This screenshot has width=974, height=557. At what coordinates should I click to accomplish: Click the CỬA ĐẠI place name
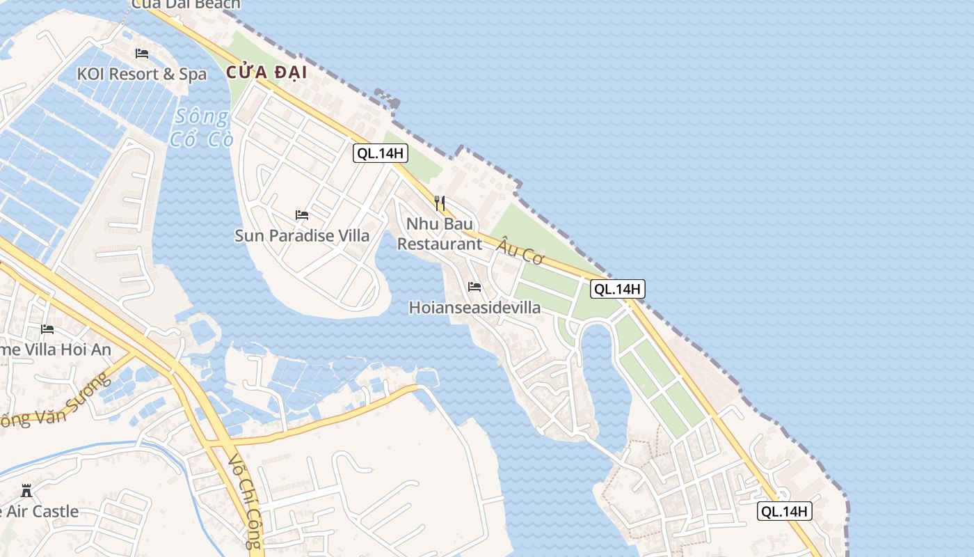point(266,72)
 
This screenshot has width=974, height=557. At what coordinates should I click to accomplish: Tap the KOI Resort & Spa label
point(142,74)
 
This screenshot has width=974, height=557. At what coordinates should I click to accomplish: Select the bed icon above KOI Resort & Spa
point(142,54)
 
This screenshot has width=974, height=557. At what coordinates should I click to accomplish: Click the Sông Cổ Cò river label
point(200,127)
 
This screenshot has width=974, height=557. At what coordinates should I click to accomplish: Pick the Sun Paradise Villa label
point(302,235)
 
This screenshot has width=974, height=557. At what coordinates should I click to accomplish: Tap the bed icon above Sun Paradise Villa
point(302,215)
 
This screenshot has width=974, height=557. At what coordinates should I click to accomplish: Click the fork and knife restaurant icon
point(440,203)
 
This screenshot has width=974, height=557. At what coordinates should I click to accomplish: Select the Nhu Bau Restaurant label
point(440,234)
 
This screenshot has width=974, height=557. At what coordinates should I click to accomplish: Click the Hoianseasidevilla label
point(474,307)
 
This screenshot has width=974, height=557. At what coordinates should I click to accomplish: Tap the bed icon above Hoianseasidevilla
point(474,287)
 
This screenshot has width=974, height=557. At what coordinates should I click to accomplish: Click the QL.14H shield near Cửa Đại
point(380,153)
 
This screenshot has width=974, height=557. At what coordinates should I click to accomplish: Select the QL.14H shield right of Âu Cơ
point(617,289)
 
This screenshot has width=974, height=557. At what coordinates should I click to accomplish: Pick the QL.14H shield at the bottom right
point(785,512)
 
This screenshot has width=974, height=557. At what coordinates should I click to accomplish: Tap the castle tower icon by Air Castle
point(26,491)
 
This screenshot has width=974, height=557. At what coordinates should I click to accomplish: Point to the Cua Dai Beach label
point(186,4)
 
